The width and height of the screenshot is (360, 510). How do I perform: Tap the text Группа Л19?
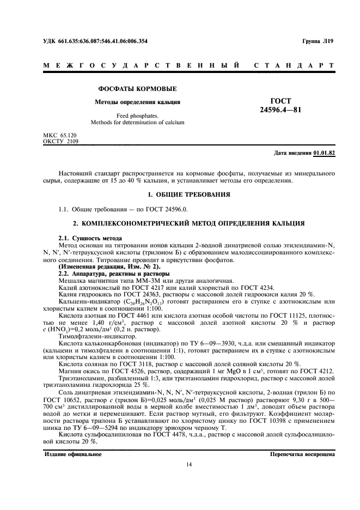click(x=318, y=41)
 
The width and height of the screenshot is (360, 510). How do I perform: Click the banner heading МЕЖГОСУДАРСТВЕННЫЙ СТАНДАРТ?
click(x=188, y=65)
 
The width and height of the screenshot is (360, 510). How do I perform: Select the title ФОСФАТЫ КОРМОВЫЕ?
click(x=137, y=89)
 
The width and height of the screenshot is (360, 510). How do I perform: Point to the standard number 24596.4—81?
click(x=280, y=111)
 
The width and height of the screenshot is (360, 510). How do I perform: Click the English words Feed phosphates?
click(x=137, y=116)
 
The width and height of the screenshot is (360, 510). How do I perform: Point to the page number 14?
click(x=188, y=464)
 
